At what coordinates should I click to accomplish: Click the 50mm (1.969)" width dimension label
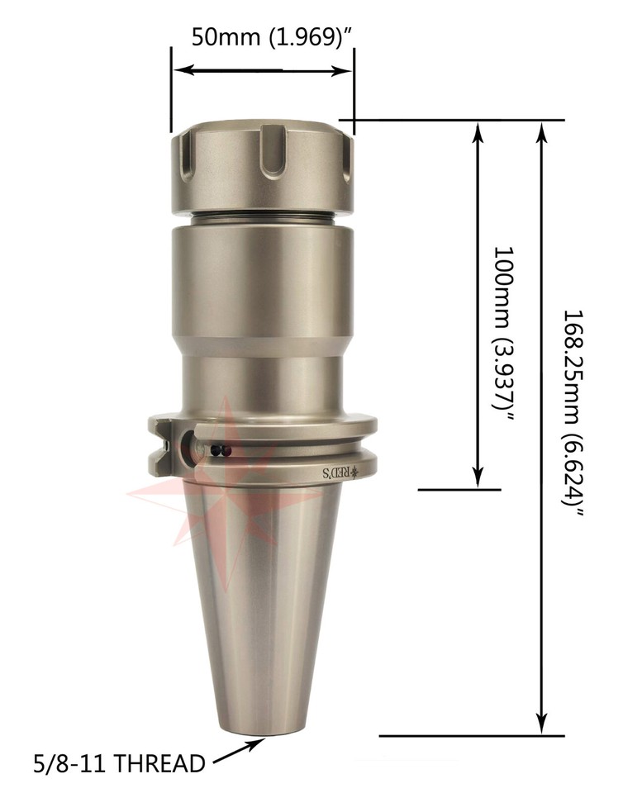[272, 36]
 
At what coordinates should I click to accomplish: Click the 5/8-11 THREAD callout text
[119, 763]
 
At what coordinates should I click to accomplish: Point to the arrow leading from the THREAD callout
[239, 750]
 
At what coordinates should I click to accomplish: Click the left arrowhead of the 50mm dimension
[183, 70]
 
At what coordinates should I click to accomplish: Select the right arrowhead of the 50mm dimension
[341, 70]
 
